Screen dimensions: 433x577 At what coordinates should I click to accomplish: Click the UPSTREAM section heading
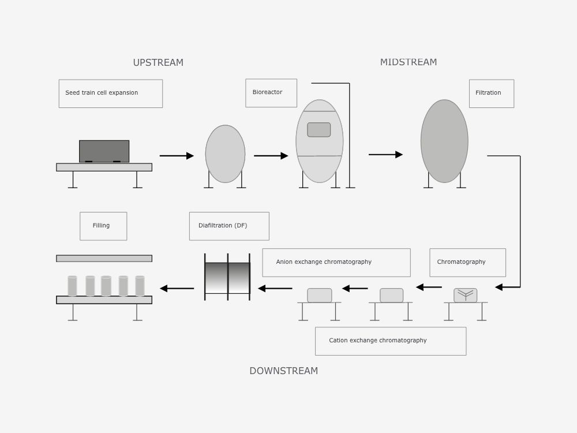(158, 62)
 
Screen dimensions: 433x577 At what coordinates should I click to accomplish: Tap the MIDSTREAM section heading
(409, 62)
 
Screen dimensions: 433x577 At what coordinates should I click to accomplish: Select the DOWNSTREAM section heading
(283, 371)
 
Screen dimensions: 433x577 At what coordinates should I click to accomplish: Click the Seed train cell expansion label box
(111, 94)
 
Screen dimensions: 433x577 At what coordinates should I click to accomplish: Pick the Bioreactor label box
(271, 93)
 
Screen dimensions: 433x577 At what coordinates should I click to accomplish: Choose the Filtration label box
(492, 94)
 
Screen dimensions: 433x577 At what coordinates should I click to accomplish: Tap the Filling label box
(103, 226)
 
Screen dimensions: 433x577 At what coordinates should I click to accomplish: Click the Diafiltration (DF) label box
(229, 226)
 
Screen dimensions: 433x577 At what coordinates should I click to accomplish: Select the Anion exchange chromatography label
(336, 263)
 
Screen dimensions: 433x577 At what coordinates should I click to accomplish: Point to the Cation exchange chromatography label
(391, 341)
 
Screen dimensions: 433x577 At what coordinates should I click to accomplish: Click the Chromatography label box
(468, 263)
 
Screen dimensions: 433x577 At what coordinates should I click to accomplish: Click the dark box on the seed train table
(104, 151)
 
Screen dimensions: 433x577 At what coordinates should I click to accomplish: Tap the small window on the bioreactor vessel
(319, 130)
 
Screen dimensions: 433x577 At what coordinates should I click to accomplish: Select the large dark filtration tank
(444, 141)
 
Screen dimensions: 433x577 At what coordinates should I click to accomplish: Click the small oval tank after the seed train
(225, 154)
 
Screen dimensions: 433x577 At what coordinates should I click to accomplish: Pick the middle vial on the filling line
(106, 286)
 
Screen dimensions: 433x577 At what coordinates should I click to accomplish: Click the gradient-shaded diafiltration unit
(227, 278)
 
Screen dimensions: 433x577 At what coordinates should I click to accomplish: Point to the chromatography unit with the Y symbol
(465, 295)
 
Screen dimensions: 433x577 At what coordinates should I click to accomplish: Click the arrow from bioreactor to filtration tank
(385, 154)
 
